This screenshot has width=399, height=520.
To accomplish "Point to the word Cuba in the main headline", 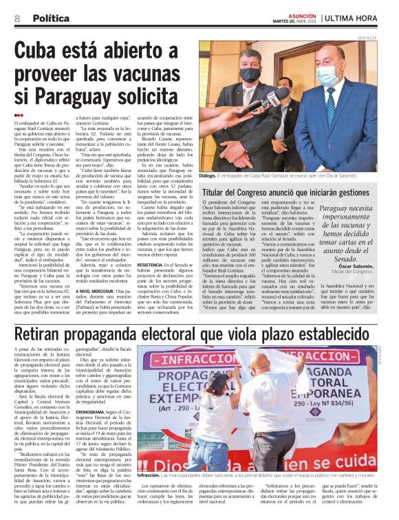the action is [x=43, y=52].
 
